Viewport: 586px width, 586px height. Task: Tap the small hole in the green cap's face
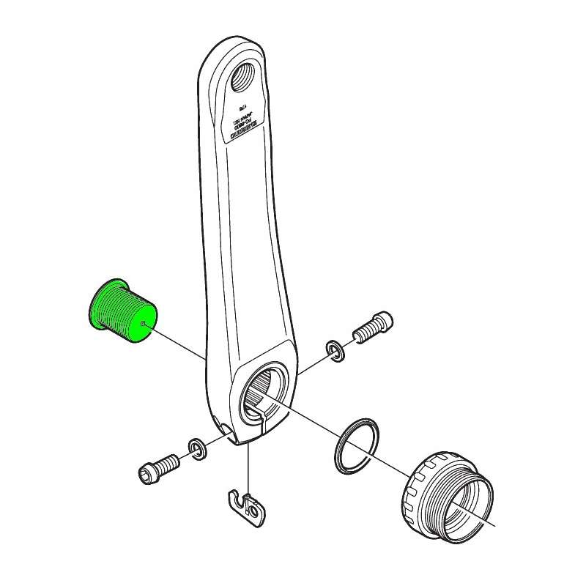click(144, 320)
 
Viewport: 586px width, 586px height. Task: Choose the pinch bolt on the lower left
click(159, 465)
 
